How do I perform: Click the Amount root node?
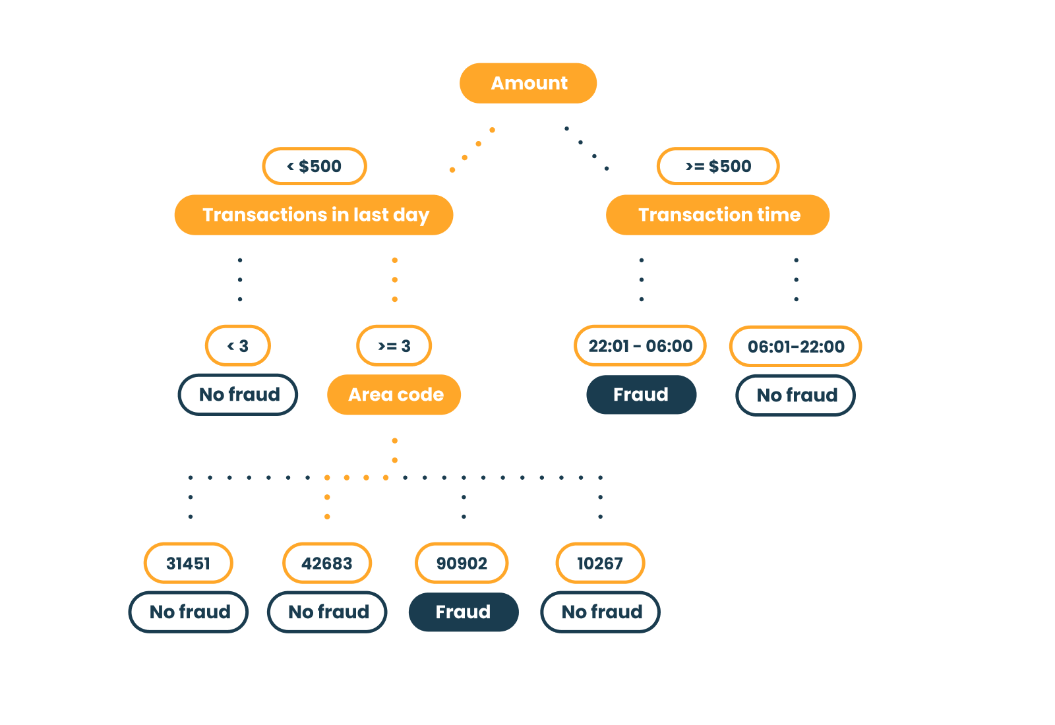pyautogui.click(x=528, y=83)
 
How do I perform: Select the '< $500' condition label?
pyautogui.click(x=315, y=166)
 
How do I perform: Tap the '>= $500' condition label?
pyautogui.click(x=718, y=166)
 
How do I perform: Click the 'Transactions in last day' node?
pyautogui.click(x=314, y=215)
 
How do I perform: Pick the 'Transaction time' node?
pyautogui.click(x=718, y=215)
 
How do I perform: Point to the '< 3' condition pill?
pyautogui.click(x=238, y=346)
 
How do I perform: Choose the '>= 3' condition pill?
pyautogui.click(x=394, y=346)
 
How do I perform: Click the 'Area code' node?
pyautogui.click(x=394, y=395)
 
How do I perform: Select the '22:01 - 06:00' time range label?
pyautogui.click(x=640, y=346)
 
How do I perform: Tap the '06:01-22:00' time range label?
pyautogui.click(x=795, y=347)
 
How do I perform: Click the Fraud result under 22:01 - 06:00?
pyautogui.click(x=642, y=395)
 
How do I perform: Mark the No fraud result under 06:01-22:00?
pyautogui.click(x=795, y=395)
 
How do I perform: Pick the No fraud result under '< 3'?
pyautogui.click(x=238, y=395)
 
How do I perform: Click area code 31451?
pyautogui.click(x=189, y=563)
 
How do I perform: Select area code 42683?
pyautogui.click(x=327, y=563)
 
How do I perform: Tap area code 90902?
pyautogui.click(x=462, y=563)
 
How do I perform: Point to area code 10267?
pyautogui.click(x=601, y=563)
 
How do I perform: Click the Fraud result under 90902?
pyautogui.click(x=464, y=612)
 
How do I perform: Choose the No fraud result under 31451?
pyautogui.click(x=189, y=612)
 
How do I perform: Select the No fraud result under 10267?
pyautogui.click(x=601, y=612)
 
